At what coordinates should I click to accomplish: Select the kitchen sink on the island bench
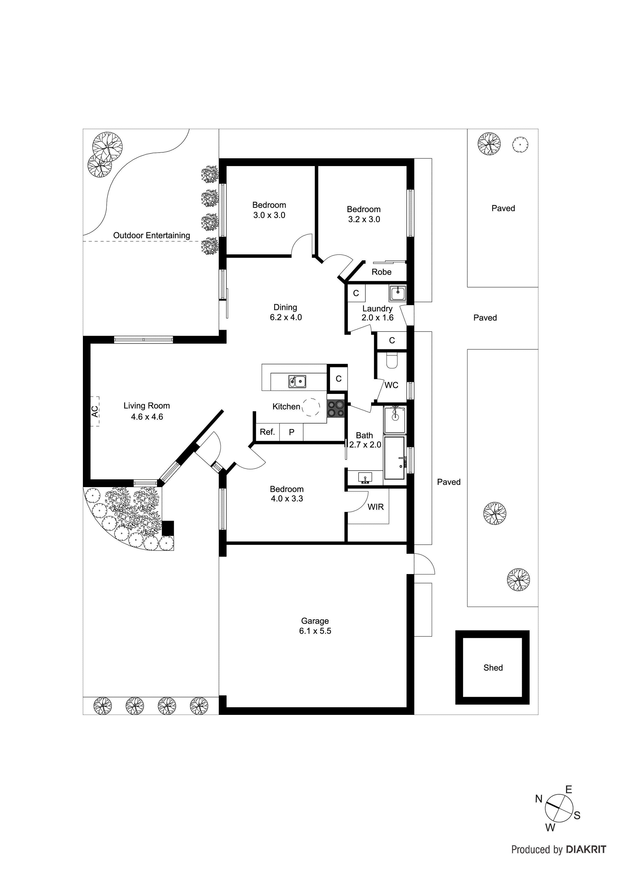click(297, 381)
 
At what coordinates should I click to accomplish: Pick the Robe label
click(381, 272)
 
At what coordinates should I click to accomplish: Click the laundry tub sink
click(398, 294)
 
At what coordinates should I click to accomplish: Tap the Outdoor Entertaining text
click(151, 236)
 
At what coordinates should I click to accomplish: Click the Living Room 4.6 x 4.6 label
click(146, 411)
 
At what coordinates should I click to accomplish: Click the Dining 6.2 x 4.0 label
click(285, 312)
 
